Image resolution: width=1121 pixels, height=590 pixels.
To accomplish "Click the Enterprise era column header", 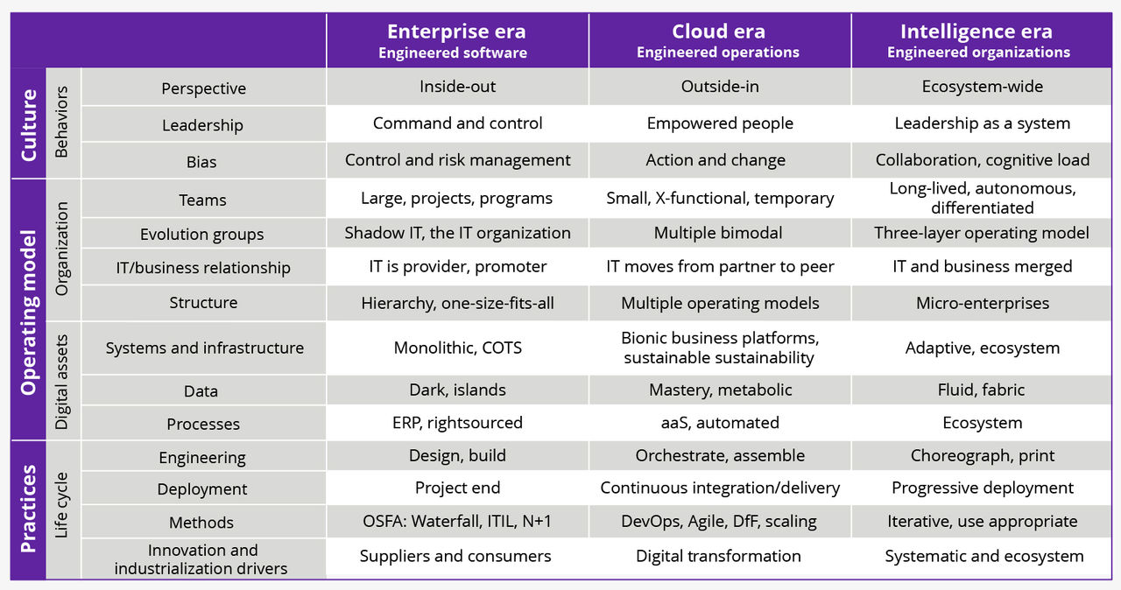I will pyautogui.click(x=456, y=41).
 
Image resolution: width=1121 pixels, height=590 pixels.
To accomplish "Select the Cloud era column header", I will pyautogui.click(x=718, y=41).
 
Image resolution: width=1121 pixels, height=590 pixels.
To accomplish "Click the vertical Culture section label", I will pyautogui.click(x=29, y=124).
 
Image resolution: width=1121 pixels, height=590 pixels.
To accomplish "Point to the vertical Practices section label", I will pyautogui.click(x=29, y=509).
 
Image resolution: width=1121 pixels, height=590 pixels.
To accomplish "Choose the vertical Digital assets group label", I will pyautogui.click(x=62, y=381).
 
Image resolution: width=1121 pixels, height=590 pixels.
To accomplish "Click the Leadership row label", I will pyautogui.click(x=202, y=125).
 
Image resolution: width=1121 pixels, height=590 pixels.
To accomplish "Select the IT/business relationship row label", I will pyautogui.click(x=202, y=268).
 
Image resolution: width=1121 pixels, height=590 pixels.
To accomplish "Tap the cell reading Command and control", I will pyautogui.click(x=457, y=123).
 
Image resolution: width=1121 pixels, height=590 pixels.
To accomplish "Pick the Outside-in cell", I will pyautogui.click(x=719, y=87).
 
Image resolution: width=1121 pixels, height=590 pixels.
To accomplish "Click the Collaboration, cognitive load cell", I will pyautogui.click(x=982, y=160).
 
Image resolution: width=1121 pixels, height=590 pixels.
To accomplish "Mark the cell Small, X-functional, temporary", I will pyautogui.click(x=719, y=198).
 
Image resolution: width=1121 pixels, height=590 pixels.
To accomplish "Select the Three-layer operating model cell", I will pyautogui.click(x=982, y=233).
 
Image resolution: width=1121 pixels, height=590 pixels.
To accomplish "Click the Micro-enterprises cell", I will pyautogui.click(x=982, y=304).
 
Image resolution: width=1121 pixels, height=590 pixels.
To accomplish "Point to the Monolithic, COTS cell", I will pyautogui.click(x=457, y=348).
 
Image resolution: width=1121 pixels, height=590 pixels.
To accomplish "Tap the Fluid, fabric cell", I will pyautogui.click(x=981, y=390).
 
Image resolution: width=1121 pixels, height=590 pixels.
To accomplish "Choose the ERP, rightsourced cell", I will pyautogui.click(x=457, y=423).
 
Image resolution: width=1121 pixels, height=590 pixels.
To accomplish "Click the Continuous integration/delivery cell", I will pyautogui.click(x=719, y=488).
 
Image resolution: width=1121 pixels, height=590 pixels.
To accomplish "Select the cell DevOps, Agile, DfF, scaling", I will pyautogui.click(x=719, y=522).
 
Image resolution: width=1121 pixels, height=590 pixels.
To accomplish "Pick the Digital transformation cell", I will pyautogui.click(x=718, y=556).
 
